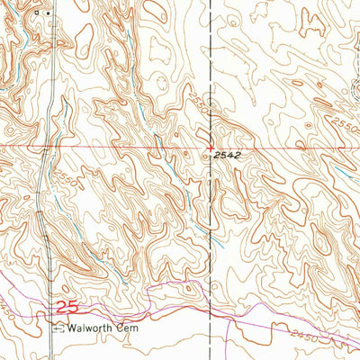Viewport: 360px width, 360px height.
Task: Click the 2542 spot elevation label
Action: (x=231, y=156)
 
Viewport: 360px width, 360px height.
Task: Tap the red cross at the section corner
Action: (x=211, y=146)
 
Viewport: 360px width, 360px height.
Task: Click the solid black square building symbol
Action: (x=48, y=13)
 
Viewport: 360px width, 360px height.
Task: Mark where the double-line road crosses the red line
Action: (x=45, y=146)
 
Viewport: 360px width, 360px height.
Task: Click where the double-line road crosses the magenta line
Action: (x=48, y=309)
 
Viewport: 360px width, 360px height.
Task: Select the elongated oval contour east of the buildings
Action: (x=85, y=37)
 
